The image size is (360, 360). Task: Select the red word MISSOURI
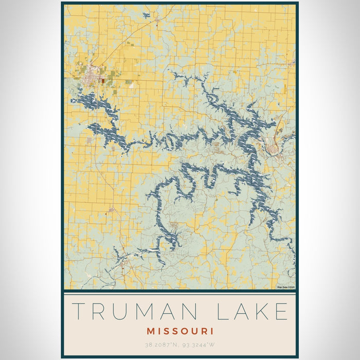coord(179,331)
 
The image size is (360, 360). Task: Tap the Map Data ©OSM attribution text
coord(286,287)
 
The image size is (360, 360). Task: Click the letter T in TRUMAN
coord(80,312)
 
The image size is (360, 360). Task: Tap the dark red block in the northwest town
coord(103,80)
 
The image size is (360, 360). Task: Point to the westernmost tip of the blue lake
coord(71,100)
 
